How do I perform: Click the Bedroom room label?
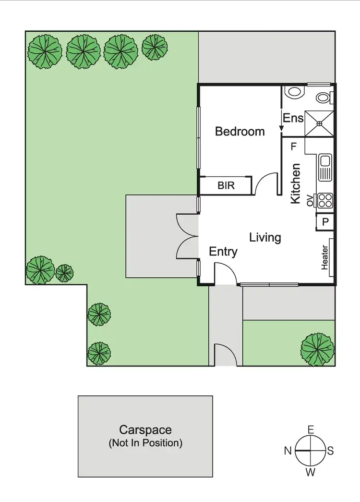pos(240,131)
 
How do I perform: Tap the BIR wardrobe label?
pos(226,185)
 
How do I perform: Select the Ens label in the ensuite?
pos(293,118)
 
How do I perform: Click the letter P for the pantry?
pos(325,222)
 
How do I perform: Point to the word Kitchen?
pos(296,184)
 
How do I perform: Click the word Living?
pos(265,237)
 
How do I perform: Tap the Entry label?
pos(223,251)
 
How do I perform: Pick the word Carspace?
pos(145,429)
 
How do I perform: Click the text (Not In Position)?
pos(145,442)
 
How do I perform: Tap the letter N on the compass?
pos(288,451)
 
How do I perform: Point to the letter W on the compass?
pos(311,472)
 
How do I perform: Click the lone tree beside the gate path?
pos(317,348)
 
